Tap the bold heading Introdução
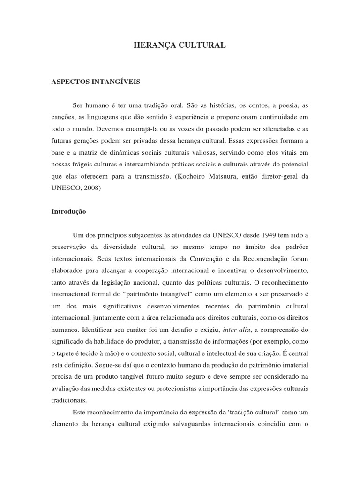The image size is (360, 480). tap(68, 211)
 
